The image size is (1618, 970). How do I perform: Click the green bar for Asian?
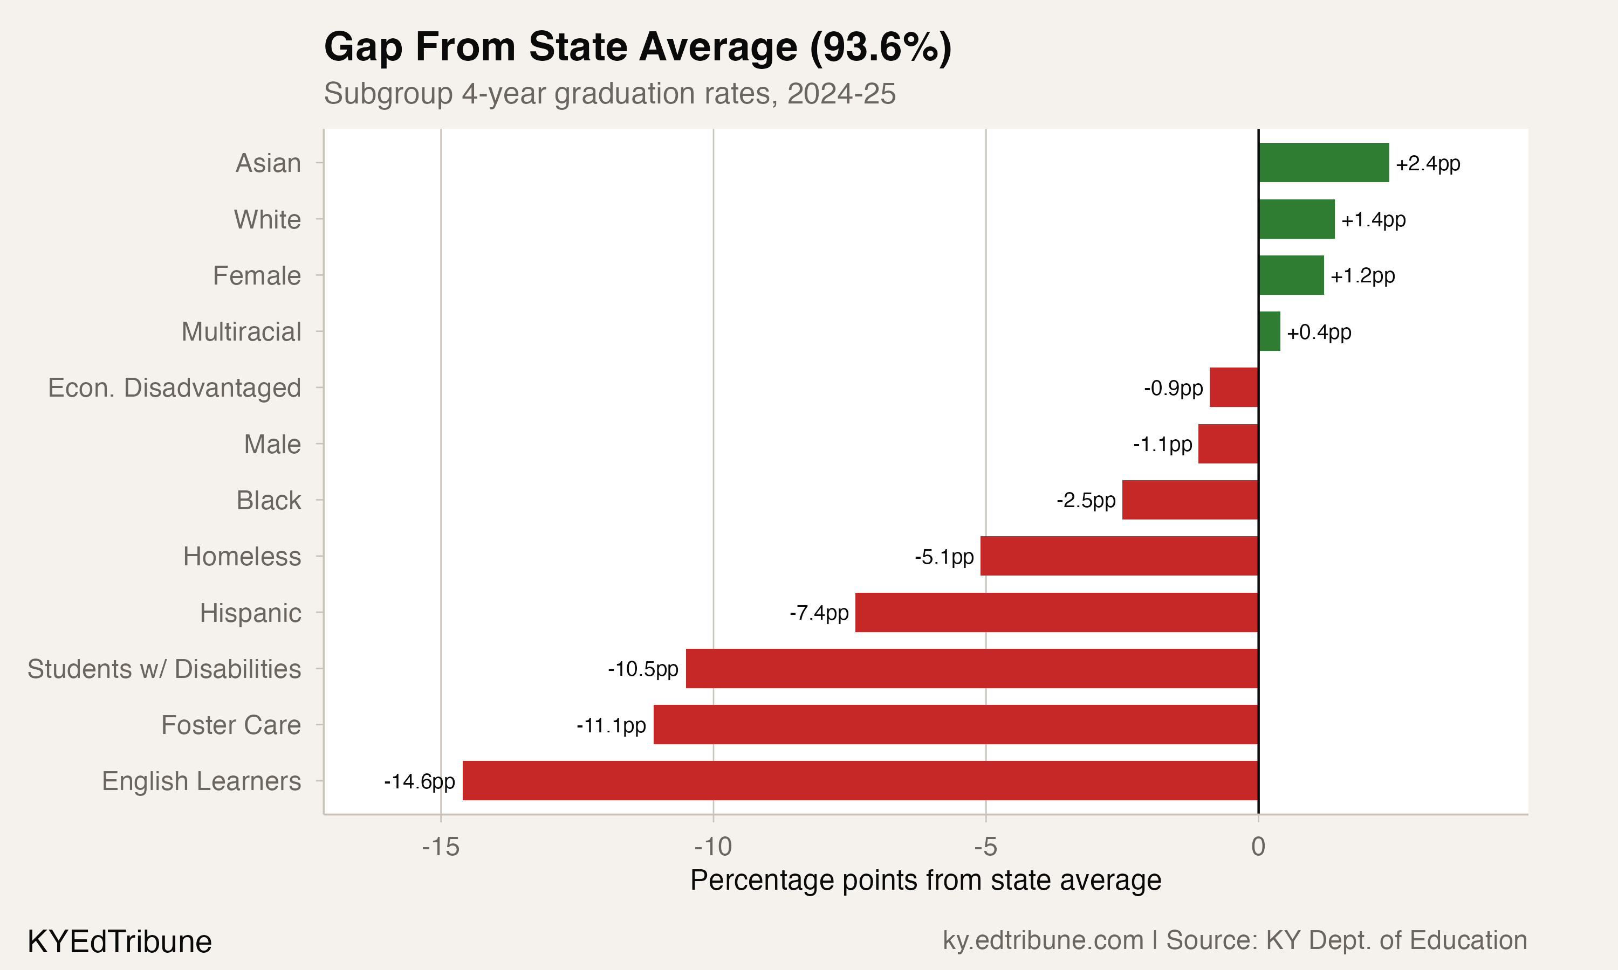point(1323,163)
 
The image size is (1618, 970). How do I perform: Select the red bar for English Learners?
point(860,780)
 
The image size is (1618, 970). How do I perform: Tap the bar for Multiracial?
point(1269,331)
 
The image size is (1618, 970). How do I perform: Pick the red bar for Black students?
point(1190,500)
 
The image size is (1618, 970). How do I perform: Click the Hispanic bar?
point(1056,613)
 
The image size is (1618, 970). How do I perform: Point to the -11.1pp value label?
point(611,725)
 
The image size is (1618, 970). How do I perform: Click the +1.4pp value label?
point(1373,220)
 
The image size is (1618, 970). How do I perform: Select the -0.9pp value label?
point(1173,388)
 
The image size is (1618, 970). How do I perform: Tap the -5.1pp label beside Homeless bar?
point(944,557)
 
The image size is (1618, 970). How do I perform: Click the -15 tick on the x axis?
point(440,847)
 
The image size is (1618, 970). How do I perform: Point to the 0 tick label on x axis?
point(1258,847)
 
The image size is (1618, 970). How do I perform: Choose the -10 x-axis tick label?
point(713,847)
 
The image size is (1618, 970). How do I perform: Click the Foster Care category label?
point(231,725)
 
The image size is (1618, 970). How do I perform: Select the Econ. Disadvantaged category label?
point(174,387)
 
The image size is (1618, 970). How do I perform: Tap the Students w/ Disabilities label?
point(163,669)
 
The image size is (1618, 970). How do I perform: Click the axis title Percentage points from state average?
point(925,881)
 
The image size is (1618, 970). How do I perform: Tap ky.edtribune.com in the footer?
point(1043,940)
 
